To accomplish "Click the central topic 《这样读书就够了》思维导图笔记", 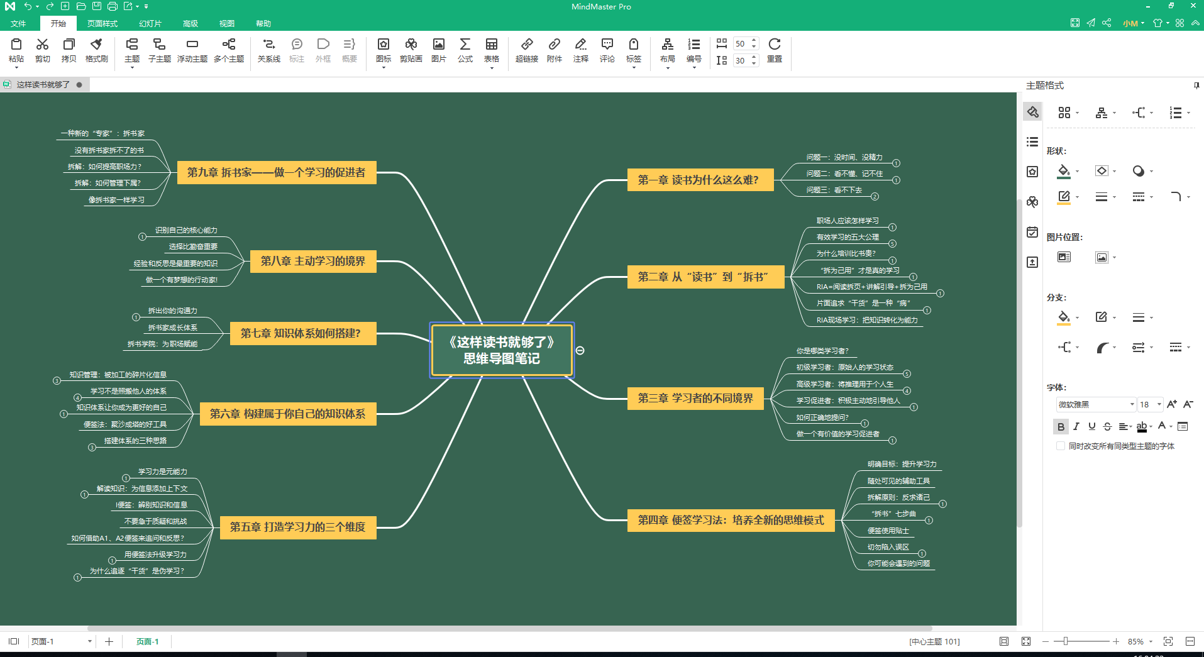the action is (x=501, y=350).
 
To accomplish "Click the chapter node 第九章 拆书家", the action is (x=276, y=172).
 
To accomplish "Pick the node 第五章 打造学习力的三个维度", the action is (x=297, y=527).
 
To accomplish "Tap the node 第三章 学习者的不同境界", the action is (x=695, y=398).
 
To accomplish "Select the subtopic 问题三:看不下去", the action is (x=834, y=190).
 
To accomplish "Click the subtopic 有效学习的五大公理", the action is (x=848, y=237).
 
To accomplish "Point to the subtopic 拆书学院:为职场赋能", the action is (x=162, y=344).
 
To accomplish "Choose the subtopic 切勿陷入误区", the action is (x=888, y=547).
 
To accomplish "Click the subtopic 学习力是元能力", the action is (x=162, y=472).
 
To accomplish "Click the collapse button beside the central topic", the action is (x=580, y=350).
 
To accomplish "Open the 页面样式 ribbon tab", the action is (x=102, y=24).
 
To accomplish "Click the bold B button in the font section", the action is (x=1061, y=426).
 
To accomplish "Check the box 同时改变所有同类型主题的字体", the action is (x=1061, y=446).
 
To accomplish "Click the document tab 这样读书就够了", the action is (x=43, y=85).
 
